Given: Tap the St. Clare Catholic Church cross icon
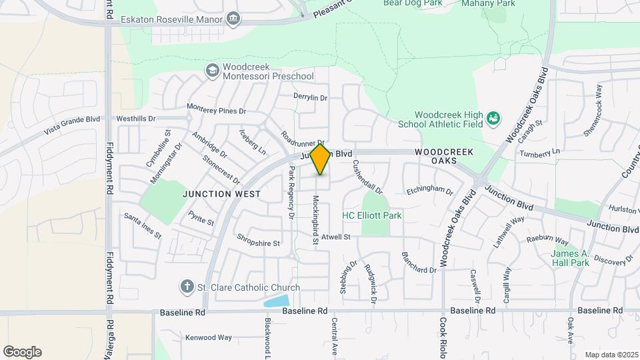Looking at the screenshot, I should (x=187, y=287).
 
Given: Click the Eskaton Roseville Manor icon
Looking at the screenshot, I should (x=233, y=19).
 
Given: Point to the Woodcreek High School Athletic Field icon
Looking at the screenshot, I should (x=493, y=119).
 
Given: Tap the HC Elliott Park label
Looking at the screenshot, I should (x=371, y=215).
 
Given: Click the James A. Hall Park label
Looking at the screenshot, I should (x=570, y=258).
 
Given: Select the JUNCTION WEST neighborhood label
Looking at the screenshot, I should (x=222, y=194).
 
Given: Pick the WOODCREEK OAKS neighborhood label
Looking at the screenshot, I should (x=444, y=157).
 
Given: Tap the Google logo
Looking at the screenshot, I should (x=22, y=351).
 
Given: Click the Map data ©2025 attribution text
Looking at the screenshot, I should (x=611, y=355).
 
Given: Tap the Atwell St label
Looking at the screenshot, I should (x=335, y=237).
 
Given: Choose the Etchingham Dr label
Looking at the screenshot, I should (x=429, y=190).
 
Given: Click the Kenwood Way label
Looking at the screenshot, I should (x=209, y=337).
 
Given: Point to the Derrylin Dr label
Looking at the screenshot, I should (x=311, y=97).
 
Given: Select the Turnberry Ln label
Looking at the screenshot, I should (x=540, y=153).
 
